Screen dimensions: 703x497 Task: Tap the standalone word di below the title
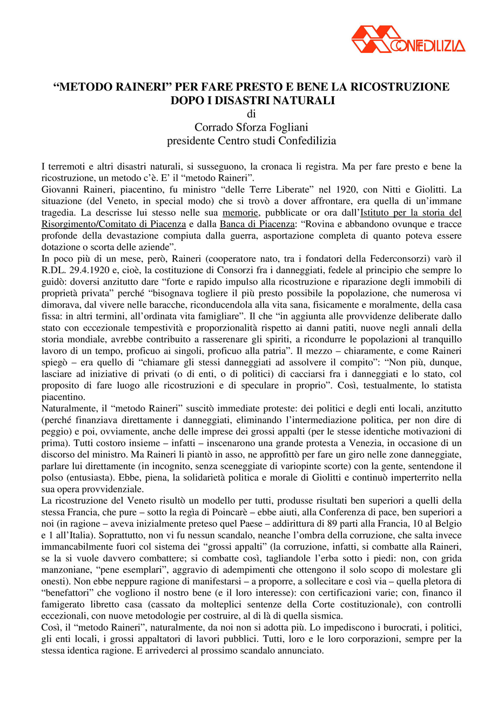pyautogui.click(x=251, y=113)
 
